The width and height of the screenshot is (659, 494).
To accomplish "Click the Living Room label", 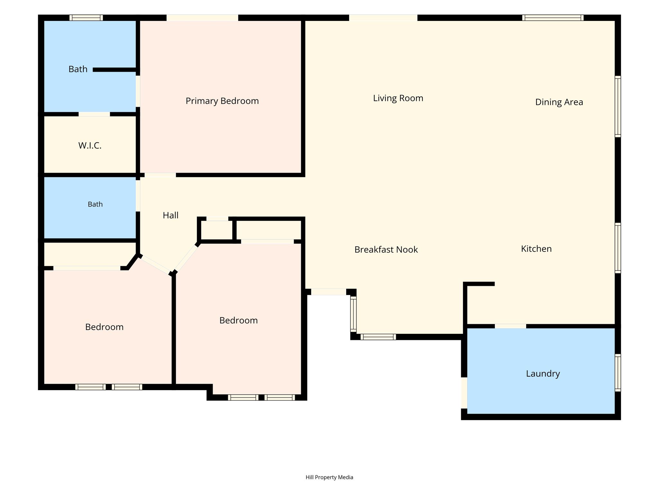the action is coord(398,98).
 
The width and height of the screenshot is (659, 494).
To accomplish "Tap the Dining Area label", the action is coord(559,102).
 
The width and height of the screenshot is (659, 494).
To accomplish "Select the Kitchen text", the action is coord(536,249).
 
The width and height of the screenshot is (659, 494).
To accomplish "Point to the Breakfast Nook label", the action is coord(386,250).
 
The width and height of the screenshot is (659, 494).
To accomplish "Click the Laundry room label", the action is coord(543,374).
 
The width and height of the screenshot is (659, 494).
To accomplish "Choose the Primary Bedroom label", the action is coord(222,101).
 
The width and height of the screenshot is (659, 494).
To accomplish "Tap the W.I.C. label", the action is coord(90,146).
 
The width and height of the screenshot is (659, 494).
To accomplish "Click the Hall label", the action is coord(171,215).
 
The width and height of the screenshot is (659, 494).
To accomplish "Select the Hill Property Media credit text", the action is coord(329,477).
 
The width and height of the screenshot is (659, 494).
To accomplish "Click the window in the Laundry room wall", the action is coord(618,373).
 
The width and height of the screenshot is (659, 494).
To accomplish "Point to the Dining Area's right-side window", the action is coord(618,106).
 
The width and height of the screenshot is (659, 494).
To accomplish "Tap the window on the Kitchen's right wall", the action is coord(618,248).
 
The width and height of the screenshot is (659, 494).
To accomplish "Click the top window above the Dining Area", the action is coord(553,18).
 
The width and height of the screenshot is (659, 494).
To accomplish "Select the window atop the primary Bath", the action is coord(86,18).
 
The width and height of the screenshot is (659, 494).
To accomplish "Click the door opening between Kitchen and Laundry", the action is coord(510,326).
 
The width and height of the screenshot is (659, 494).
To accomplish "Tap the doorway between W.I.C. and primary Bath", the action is coord(94,114).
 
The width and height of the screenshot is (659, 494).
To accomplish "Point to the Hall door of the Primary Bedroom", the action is coord(160,175).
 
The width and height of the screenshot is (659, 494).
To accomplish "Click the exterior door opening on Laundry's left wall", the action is coord(464,393).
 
